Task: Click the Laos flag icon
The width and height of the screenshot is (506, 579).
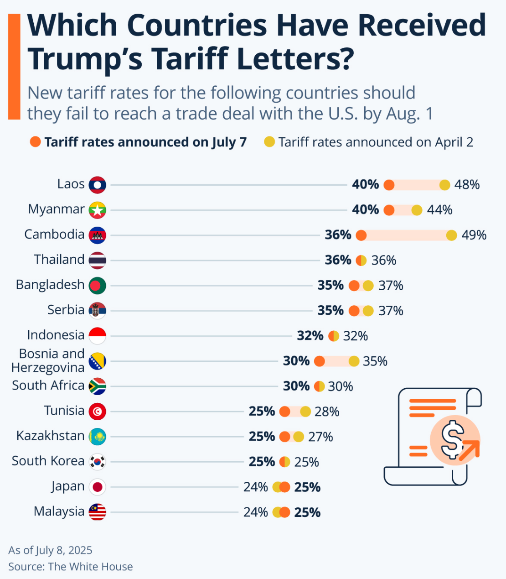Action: [98, 185]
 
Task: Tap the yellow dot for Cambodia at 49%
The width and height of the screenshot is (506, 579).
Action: [451, 235]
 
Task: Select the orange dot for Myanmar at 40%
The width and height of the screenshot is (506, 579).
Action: [389, 210]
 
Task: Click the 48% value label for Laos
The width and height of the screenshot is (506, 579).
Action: [467, 185]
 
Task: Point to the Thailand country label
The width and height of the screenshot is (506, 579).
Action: [59, 260]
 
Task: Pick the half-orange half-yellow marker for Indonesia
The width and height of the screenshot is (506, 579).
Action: [334, 336]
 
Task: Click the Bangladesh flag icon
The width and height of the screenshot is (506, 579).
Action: [98, 286]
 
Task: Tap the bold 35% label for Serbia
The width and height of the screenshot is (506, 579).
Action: [330, 311]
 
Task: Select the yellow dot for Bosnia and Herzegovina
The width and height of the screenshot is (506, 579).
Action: [354, 361]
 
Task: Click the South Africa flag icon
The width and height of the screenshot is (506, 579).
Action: [98, 386]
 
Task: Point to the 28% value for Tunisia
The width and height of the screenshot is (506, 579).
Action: [327, 412]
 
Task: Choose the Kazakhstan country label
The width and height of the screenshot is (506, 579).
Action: [50, 436]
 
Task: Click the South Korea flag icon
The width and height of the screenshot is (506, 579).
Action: [98, 462]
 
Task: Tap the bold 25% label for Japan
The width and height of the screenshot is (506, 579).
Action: [307, 487]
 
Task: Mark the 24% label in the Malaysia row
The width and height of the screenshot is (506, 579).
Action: [255, 512]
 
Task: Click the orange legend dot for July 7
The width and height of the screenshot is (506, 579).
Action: [35, 142]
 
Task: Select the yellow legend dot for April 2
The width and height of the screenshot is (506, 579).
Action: [269, 142]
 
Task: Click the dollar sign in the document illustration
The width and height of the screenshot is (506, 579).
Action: [453, 439]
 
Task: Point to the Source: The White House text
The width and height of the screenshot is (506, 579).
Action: [71, 567]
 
